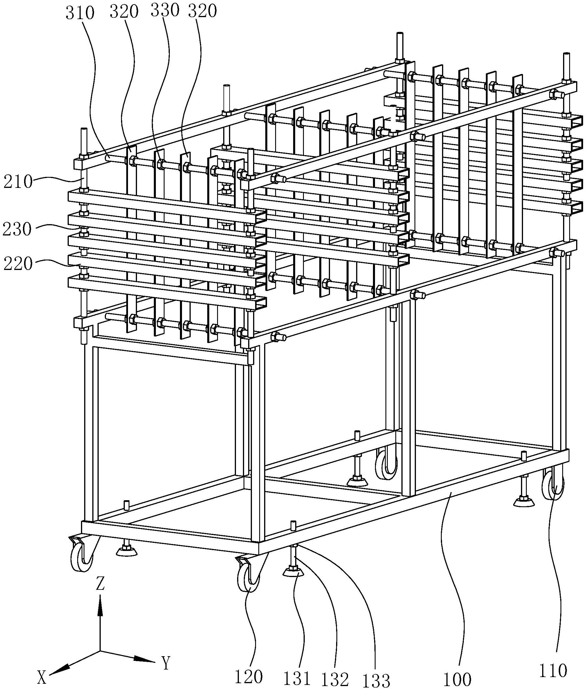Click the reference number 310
point(80,14)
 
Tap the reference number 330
point(165,11)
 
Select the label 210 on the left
point(18,182)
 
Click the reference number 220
point(18,264)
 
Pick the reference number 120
point(248,676)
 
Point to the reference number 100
point(457,679)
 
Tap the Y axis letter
point(166,663)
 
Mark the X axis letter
point(42,677)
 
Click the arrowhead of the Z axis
point(100,601)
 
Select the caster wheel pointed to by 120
point(248,579)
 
